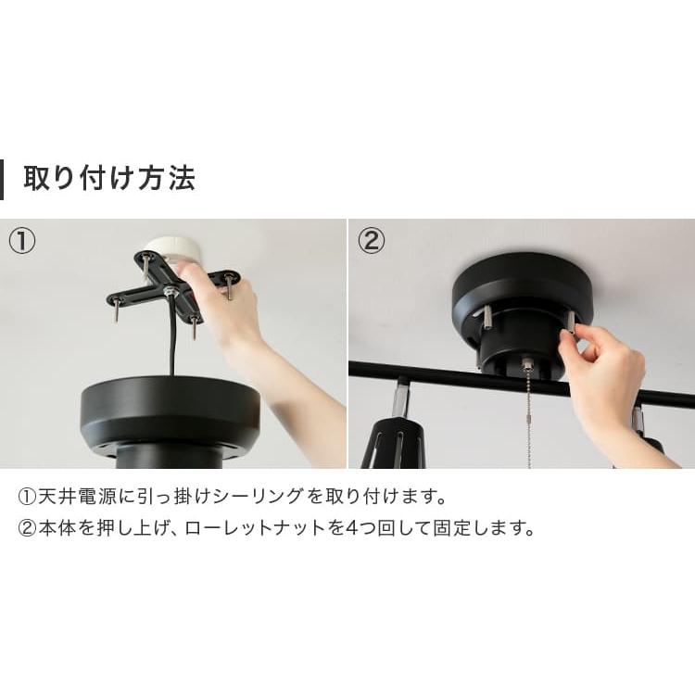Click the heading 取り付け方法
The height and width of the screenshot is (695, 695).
109,178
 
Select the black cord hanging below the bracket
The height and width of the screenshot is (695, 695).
171,343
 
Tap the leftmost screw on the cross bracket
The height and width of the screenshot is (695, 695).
117,311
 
